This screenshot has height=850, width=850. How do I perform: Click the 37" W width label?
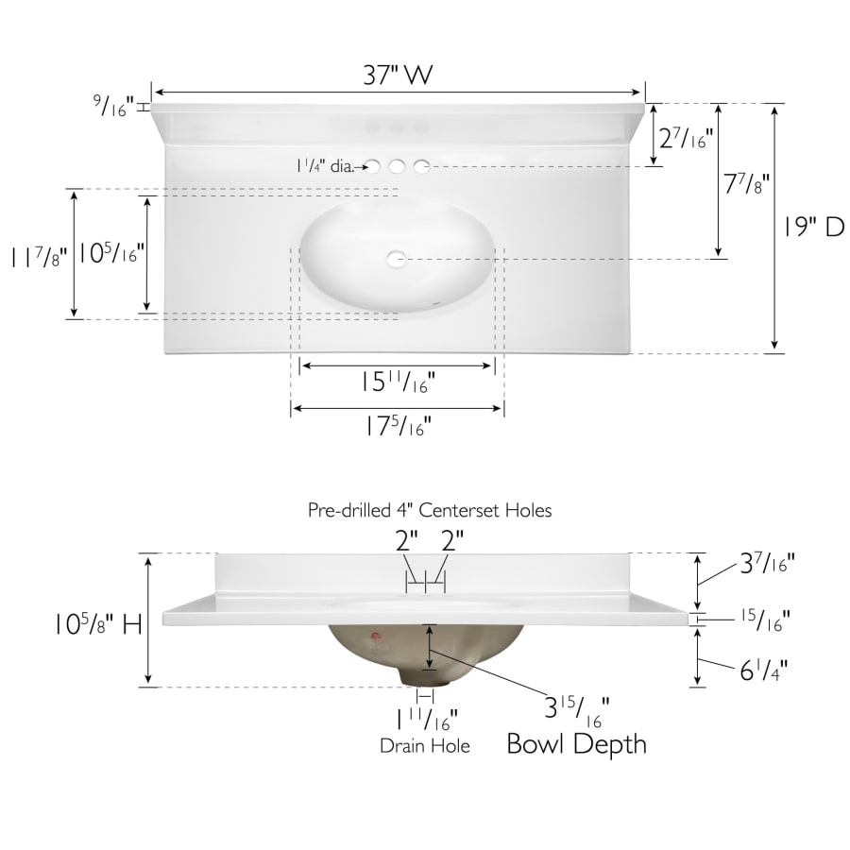398,75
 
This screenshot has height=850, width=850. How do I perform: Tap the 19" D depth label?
813,226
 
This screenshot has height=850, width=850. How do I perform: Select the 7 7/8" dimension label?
746,184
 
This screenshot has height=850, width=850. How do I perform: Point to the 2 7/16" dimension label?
686,138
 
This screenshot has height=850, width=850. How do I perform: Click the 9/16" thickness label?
113,105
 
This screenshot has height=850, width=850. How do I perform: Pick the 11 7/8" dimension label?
40,256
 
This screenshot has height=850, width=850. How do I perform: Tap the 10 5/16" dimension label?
111,252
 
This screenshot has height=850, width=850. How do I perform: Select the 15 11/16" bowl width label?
398,382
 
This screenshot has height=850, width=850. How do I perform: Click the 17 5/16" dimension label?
398,426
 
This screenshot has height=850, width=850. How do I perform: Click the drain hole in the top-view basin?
397,259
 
